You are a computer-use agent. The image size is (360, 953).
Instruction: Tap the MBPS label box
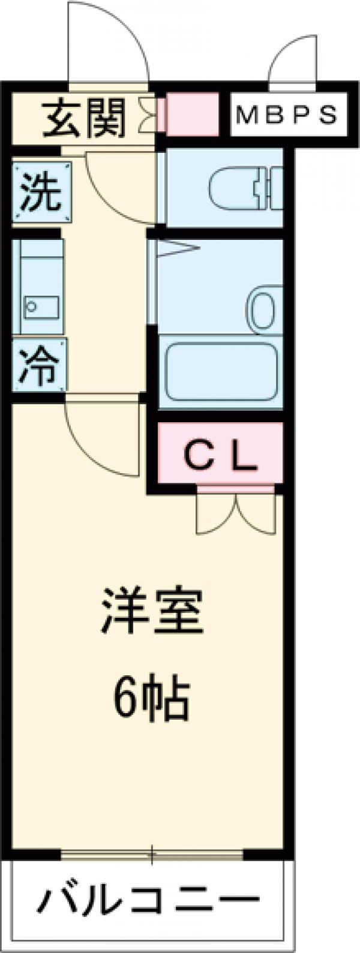(286, 114)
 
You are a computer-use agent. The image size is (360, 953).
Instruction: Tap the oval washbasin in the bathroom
(263, 306)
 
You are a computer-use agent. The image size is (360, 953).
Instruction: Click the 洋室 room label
(152, 612)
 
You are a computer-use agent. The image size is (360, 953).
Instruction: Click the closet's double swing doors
(235, 515)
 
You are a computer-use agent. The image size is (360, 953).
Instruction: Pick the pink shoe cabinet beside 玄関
(191, 114)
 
